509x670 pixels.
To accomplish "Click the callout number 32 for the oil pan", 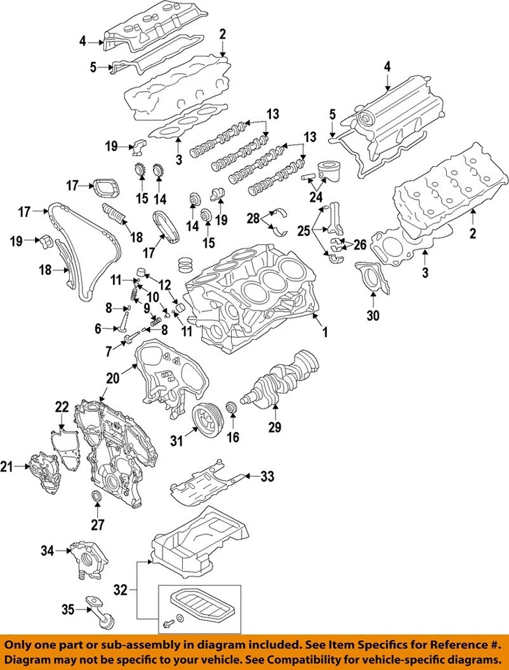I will pyautogui.click(x=120, y=590).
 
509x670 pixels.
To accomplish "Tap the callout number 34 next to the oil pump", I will pyautogui.click(x=47, y=551).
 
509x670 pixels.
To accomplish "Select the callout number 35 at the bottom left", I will pyautogui.click(x=68, y=609).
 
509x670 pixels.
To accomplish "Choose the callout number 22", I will pyautogui.click(x=62, y=407).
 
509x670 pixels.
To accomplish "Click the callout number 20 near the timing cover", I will pyautogui.click(x=112, y=378).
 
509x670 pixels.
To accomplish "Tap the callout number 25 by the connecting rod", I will pyautogui.click(x=304, y=229).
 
